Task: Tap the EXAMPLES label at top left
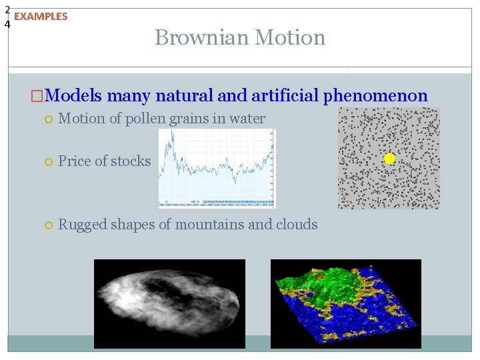pyautogui.click(x=41, y=17)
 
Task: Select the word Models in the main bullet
pyautogui.click(x=74, y=96)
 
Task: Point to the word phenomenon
pyautogui.click(x=375, y=96)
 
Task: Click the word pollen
pyautogui.click(x=137, y=119)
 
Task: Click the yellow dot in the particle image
pyautogui.click(x=390, y=159)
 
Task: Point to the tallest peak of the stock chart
pyautogui.click(x=172, y=133)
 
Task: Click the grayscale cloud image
pyautogui.click(x=169, y=304)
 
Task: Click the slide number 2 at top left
pyautogui.click(x=7, y=9)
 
